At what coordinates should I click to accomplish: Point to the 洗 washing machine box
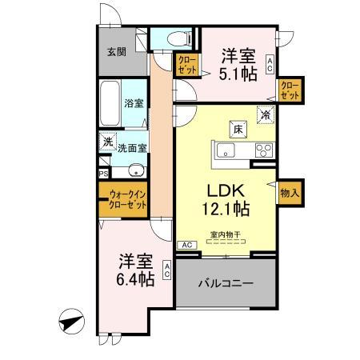108,142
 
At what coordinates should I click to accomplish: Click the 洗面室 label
133,148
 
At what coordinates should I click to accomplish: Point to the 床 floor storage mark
238,128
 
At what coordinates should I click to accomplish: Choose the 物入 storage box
290,193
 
